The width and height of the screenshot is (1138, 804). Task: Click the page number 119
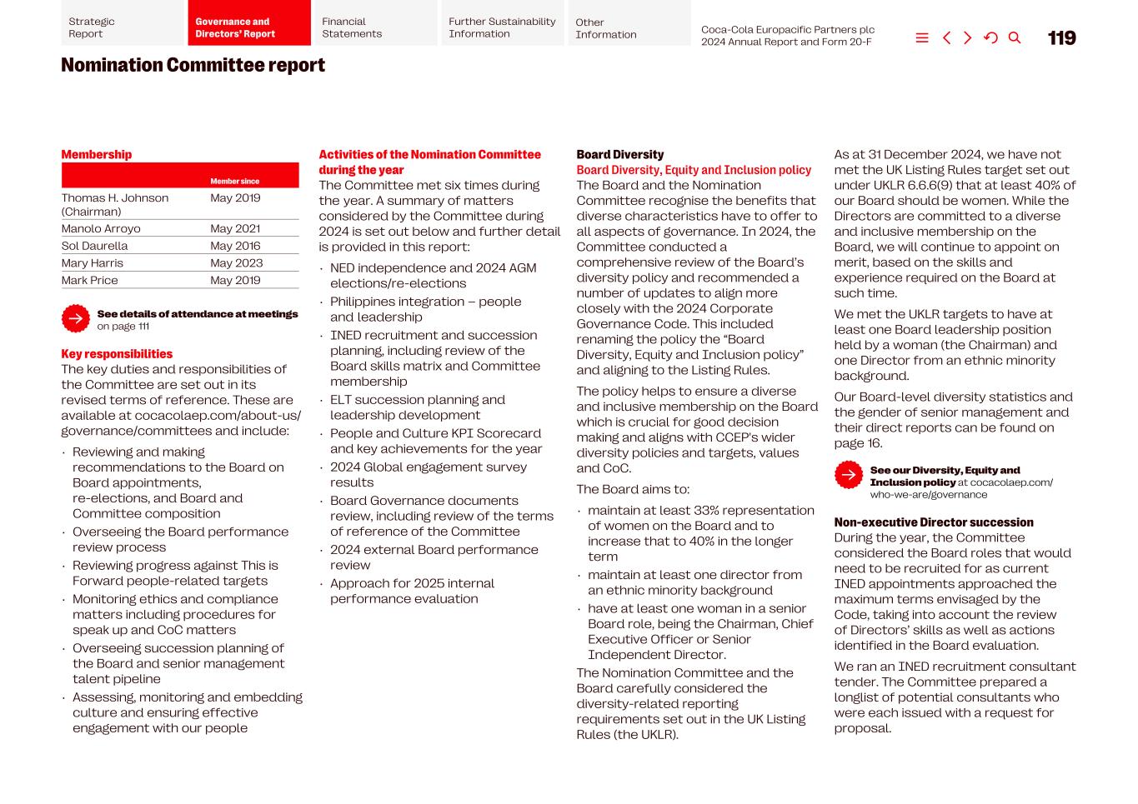click(x=1061, y=38)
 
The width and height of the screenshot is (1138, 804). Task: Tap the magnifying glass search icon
click(x=1015, y=38)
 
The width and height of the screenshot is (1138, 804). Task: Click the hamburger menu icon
click(x=922, y=38)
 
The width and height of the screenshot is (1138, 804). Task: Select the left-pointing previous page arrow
click(x=946, y=38)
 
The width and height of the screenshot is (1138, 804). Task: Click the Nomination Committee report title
click(x=193, y=65)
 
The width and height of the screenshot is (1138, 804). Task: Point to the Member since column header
click(x=234, y=181)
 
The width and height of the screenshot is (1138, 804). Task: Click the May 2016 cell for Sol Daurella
click(x=235, y=246)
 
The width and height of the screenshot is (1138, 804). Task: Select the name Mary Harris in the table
click(x=92, y=263)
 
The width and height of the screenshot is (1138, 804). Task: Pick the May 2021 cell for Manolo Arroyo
click(x=235, y=228)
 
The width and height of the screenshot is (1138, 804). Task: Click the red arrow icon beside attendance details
click(x=76, y=318)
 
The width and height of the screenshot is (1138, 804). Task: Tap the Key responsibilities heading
click(x=117, y=354)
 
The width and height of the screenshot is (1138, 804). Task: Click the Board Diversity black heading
click(x=619, y=155)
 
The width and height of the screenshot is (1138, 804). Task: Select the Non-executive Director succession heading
click(x=933, y=522)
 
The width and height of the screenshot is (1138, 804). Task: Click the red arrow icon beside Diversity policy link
click(x=849, y=475)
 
